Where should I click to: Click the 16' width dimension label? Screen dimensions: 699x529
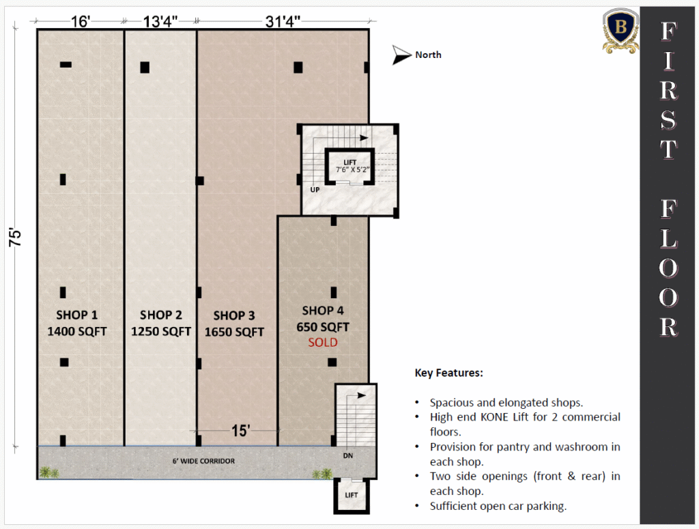pyautogui.click(x=81, y=21)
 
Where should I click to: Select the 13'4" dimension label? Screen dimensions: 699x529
pyautogui.click(x=160, y=21)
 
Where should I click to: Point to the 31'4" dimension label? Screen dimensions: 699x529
pyautogui.click(x=283, y=21)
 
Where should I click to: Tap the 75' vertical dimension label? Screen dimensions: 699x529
pyautogui.click(x=15, y=238)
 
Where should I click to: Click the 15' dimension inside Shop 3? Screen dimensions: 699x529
pyautogui.click(x=241, y=431)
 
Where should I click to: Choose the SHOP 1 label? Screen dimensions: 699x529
pyautogui.click(x=76, y=315)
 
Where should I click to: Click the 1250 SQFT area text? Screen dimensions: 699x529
pyautogui.click(x=161, y=332)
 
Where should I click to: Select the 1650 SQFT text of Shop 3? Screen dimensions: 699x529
pyautogui.click(x=235, y=332)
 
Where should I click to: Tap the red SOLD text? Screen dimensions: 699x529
pyautogui.click(x=323, y=342)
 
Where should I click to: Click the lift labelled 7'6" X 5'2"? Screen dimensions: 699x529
pyautogui.click(x=350, y=166)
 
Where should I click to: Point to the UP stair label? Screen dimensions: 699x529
pyautogui.click(x=315, y=190)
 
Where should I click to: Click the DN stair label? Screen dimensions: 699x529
pyautogui.click(x=348, y=455)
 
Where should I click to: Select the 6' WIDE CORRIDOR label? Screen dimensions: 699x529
pyautogui.click(x=203, y=461)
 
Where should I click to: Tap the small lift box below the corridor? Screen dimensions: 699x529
pyautogui.click(x=352, y=496)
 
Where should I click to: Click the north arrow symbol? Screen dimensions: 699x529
pyautogui.click(x=401, y=55)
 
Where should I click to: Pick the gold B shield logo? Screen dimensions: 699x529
pyautogui.click(x=621, y=30)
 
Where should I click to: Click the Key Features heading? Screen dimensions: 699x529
pyautogui.click(x=449, y=373)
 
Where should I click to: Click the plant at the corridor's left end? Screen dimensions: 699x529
pyautogui.click(x=47, y=472)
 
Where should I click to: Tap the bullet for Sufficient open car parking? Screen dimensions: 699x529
pyautogui.click(x=417, y=506)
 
